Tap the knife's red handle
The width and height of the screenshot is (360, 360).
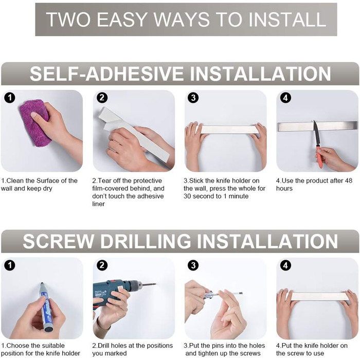point(318,156)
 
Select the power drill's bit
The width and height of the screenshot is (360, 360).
point(149,285)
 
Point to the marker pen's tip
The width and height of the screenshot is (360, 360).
point(42,284)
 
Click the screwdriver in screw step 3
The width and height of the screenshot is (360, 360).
point(222,294)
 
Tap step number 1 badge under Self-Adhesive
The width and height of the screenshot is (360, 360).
point(10,98)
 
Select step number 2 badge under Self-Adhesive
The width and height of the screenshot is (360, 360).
point(102,98)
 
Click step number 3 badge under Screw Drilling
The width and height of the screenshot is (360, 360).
point(193,265)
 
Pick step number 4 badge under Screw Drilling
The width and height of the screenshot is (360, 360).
point(285,265)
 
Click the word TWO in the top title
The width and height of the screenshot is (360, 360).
point(68,20)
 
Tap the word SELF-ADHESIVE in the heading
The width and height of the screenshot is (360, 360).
point(106,74)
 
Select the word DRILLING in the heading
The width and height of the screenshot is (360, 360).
point(146,241)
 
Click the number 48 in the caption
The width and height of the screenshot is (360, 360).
point(348,181)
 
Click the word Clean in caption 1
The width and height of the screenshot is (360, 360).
point(15,181)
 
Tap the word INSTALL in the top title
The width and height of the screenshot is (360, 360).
point(287,20)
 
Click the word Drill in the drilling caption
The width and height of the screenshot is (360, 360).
point(105,346)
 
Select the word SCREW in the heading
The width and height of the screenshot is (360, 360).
point(58,241)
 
